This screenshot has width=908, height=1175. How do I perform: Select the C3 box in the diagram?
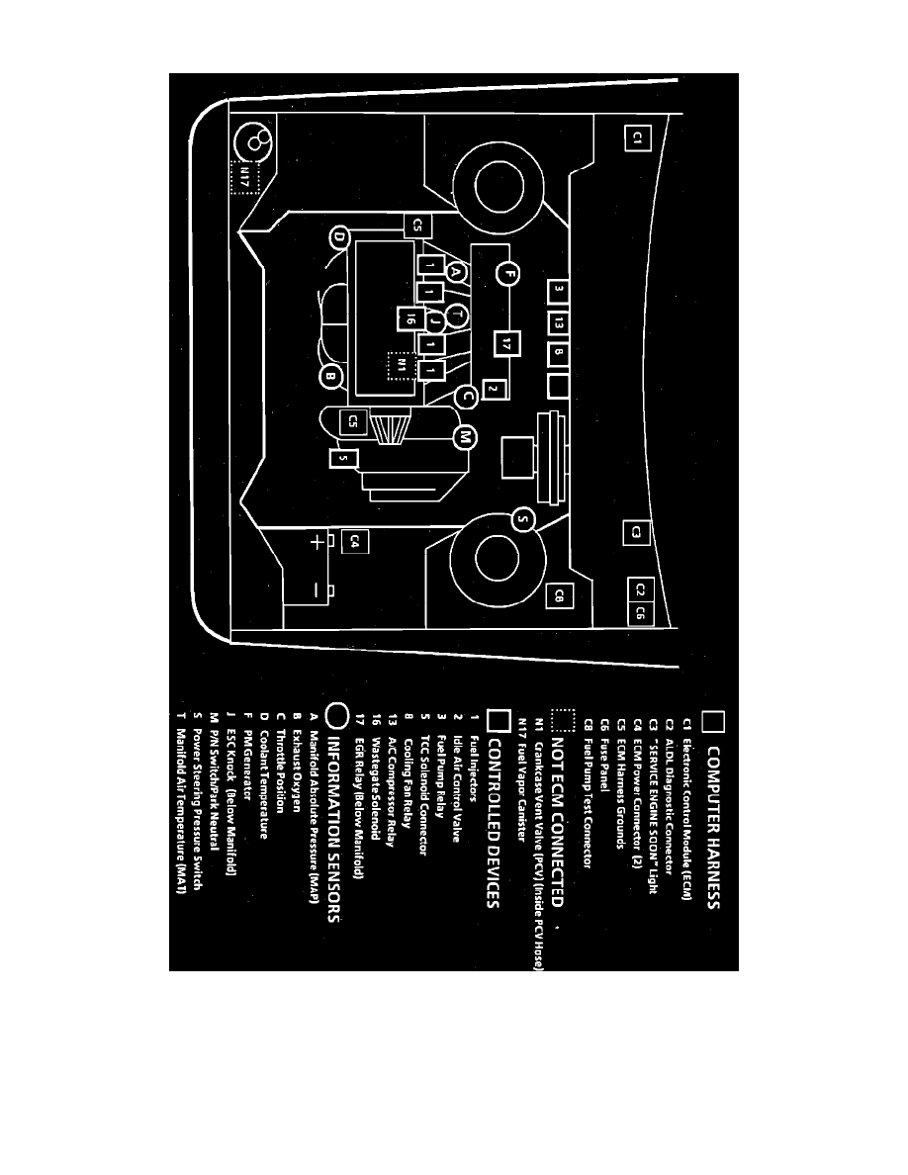638,532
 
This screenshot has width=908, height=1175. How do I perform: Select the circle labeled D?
339,238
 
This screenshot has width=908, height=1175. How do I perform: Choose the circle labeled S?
524,516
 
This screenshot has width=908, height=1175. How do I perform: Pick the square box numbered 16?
409,318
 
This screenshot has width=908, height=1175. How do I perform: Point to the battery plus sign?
317,541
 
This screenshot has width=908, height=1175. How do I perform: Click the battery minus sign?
317,589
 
